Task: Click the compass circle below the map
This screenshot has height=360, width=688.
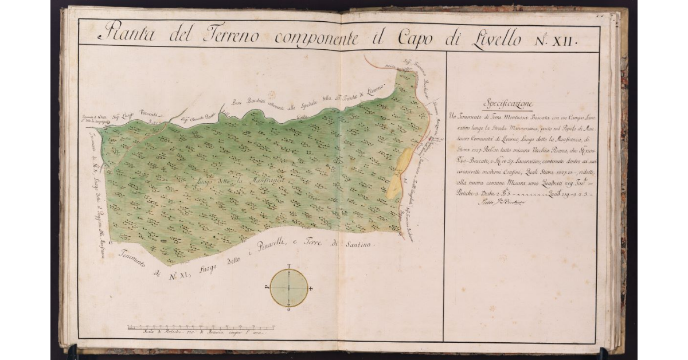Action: click(x=289, y=288)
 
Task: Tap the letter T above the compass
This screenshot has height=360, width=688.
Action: click(x=289, y=267)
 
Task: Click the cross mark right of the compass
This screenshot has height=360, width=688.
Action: click(x=311, y=288)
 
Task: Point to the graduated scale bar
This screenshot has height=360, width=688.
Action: click(x=201, y=327)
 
